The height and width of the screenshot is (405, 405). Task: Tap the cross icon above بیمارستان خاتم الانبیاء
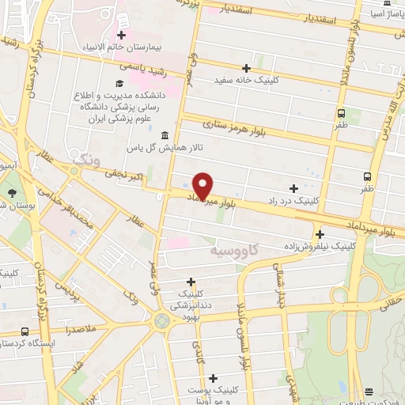click(121, 35)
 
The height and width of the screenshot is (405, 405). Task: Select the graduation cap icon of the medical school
click(119, 83)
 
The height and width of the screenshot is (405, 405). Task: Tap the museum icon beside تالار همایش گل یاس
click(164, 134)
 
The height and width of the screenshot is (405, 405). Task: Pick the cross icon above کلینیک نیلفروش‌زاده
click(320, 234)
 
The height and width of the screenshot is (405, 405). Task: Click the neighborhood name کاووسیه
click(235, 251)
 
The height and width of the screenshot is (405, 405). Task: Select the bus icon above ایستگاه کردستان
click(25, 331)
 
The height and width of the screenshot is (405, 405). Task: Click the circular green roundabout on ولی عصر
click(162, 321)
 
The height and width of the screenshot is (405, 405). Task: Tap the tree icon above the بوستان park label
click(11, 193)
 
